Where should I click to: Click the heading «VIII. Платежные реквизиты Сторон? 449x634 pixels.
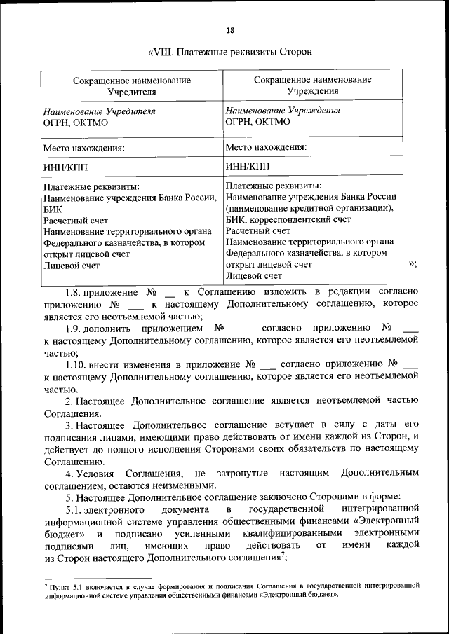pos(229,52)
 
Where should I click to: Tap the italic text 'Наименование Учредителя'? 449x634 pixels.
pos(99,111)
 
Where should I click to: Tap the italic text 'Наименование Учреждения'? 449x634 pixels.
pos(283,110)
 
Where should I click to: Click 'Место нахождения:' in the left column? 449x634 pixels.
pos(84,148)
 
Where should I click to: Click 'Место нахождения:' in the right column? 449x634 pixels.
pos(267,147)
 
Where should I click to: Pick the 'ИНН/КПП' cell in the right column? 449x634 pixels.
pos(248,167)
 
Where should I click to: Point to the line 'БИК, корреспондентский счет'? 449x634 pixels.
pos(288,219)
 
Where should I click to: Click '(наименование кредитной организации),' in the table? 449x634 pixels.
pos(309,207)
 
